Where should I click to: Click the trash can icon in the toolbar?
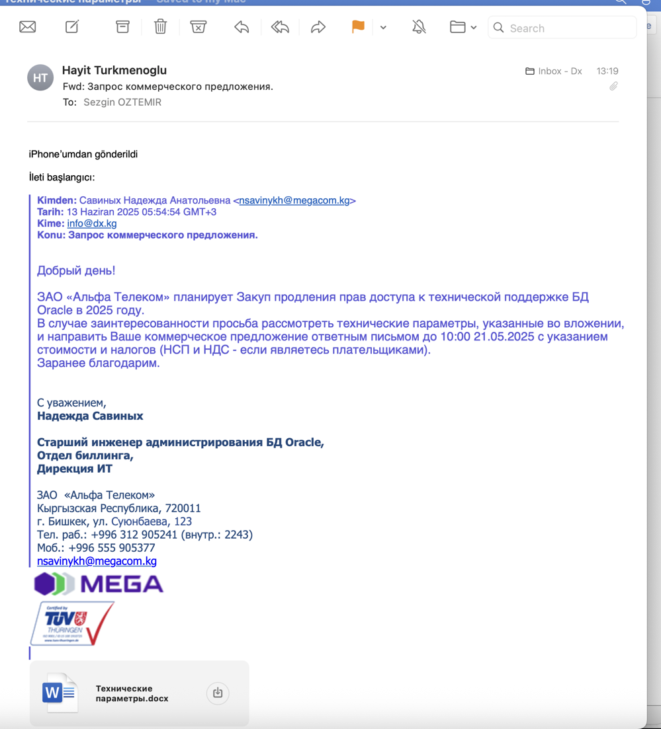160,27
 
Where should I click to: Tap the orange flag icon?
358,27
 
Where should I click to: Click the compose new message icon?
72,27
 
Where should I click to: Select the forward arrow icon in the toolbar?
318,27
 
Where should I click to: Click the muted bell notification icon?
419,27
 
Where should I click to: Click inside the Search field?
569,28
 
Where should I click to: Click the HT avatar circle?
40,78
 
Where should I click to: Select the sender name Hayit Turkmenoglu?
114,70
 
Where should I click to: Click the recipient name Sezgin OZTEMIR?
122,102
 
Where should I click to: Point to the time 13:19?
607,71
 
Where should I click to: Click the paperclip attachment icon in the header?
613,87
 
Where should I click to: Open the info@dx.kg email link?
92,223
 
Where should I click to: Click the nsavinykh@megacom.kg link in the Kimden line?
294,200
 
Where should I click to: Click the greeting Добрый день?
76,270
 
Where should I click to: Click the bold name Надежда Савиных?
90,416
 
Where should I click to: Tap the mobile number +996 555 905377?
112,548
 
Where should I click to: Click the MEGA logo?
99,584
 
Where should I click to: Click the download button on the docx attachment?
218,693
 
